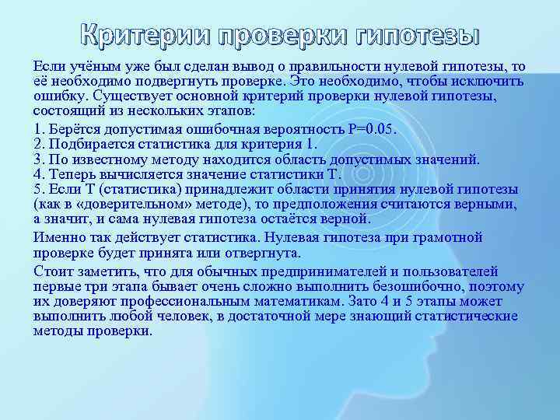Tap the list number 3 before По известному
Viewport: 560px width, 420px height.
[x=38, y=159]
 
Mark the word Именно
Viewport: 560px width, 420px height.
[x=56, y=237]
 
